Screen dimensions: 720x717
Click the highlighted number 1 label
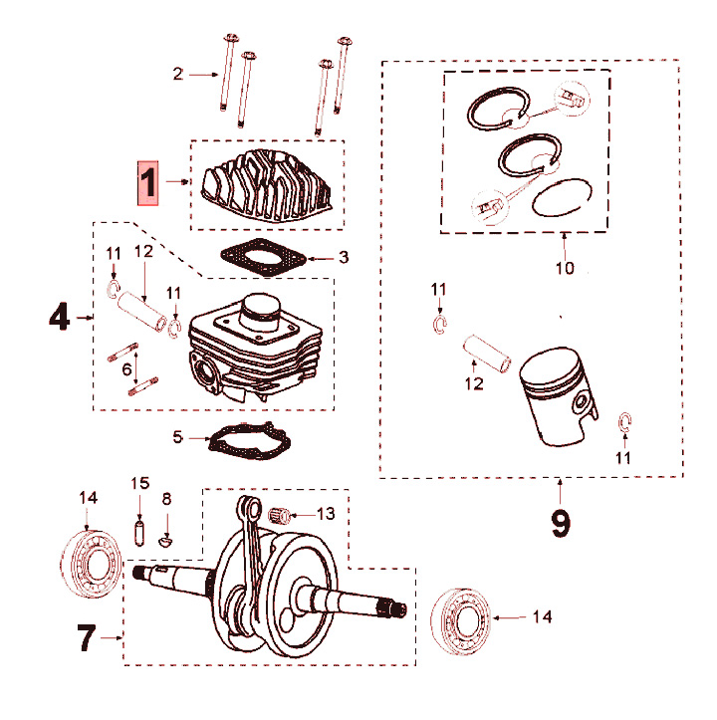point(148,182)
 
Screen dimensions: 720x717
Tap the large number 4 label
point(60,318)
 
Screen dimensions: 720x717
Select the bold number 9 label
point(561,523)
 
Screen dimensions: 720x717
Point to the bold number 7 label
point(89,637)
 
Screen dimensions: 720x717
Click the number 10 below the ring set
point(565,269)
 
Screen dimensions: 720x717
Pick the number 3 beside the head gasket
point(343,258)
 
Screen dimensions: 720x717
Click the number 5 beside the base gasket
point(178,436)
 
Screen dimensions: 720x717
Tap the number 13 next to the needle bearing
point(327,514)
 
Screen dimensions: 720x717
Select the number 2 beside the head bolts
point(178,74)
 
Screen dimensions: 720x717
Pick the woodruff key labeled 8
point(167,539)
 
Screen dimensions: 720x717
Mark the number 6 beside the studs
point(127,368)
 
